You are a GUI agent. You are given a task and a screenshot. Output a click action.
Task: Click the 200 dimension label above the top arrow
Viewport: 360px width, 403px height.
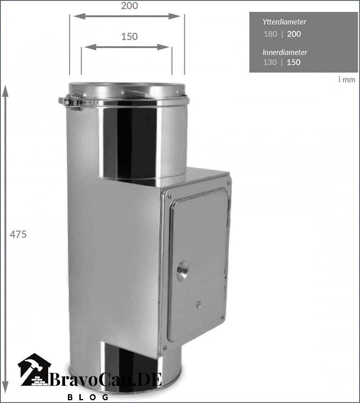(129, 6)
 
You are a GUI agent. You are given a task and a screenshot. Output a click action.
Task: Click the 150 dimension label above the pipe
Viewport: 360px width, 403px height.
(129, 37)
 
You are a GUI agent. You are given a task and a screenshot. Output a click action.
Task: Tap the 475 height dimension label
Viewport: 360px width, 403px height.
(18, 234)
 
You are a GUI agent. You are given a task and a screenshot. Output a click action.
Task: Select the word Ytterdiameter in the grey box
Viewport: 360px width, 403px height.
(284, 22)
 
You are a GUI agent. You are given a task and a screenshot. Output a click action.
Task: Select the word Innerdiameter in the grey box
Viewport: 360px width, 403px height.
(285, 52)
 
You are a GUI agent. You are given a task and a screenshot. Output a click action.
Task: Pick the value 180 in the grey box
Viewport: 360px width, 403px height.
(270, 34)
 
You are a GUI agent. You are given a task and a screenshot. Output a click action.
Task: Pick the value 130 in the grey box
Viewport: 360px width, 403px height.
(270, 62)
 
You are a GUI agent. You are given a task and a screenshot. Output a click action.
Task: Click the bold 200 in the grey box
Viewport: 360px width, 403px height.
(294, 34)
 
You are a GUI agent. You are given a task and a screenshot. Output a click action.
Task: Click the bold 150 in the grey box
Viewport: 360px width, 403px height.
(294, 62)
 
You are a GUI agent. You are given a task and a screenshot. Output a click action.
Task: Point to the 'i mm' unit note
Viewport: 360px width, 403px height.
(347, 79)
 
